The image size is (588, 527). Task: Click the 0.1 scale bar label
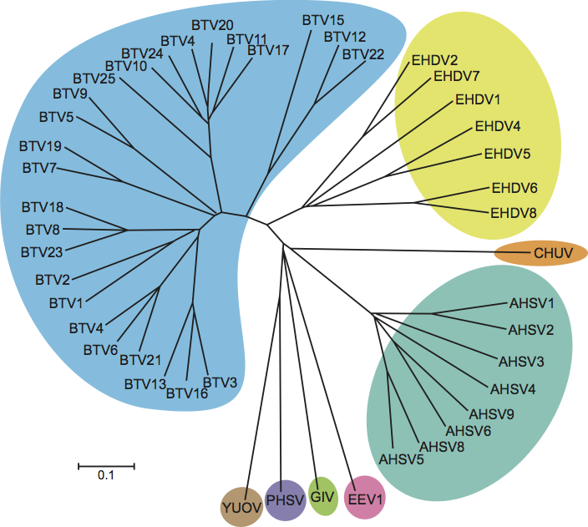(x=105, y=476)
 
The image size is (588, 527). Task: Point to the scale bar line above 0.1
(x=106, y=464)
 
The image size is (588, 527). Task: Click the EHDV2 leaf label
(x=434, y=60)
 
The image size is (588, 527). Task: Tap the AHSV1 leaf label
(x=532, y=305)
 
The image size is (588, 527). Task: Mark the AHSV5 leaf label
(x=402, y=459)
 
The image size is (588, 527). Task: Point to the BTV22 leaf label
(x=363, y=54)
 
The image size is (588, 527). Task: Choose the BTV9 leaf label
(x=69, y=93)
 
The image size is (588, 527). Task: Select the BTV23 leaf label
(x=43, y=251)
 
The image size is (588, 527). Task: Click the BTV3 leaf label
(x=220, y=382)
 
